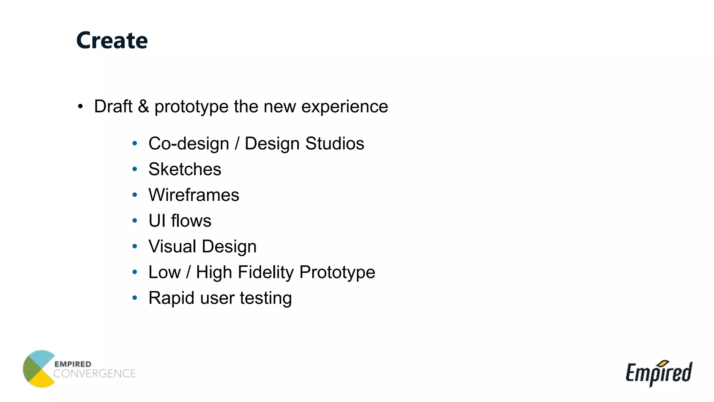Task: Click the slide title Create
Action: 112,40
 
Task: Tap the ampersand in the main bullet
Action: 143,106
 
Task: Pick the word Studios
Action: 335,143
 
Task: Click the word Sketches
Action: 185,169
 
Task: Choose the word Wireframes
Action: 194,195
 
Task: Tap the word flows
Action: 191,221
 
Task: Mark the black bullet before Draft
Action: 81,106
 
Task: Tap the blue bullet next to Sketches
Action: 135,169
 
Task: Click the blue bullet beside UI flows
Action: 135,221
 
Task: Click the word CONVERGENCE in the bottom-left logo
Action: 94,374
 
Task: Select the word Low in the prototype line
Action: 165,273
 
